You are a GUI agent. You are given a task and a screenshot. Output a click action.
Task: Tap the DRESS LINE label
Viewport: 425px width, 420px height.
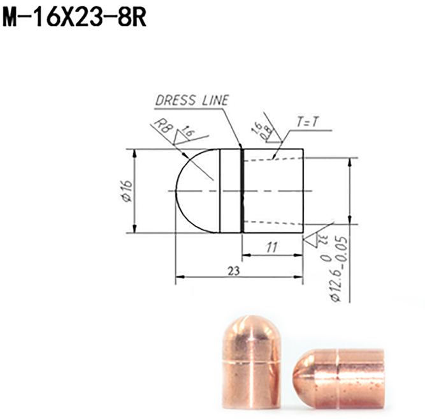click(x=192, y=100)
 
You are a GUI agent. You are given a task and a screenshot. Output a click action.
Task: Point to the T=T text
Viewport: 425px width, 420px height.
click(x=308, y=123)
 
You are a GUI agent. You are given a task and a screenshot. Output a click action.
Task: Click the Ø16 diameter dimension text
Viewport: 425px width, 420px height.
click(x=126, y=191)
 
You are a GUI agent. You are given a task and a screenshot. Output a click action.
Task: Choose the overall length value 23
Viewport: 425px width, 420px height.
click(x=233, y=270)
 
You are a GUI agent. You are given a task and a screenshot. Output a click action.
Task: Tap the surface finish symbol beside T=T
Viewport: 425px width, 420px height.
click(x=268, y=135)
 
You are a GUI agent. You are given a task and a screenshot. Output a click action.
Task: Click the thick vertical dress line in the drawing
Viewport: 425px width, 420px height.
click(x=241, y=191)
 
